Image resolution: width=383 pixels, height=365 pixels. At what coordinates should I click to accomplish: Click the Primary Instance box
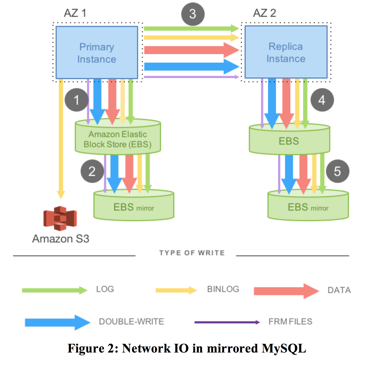[97, 52]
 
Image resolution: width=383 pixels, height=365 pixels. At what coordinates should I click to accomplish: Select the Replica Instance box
[286, 52]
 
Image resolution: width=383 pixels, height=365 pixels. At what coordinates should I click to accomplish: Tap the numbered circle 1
[77, 100]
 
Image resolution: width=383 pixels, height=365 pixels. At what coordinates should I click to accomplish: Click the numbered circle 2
[92, 171]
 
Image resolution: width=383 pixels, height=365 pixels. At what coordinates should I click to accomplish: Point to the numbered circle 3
[193, 14]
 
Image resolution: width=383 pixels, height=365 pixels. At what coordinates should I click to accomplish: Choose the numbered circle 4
[322, 100]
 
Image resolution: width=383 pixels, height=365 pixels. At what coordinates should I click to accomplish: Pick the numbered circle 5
[337, 171]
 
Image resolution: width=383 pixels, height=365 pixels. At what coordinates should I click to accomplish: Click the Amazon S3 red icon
[60, 218]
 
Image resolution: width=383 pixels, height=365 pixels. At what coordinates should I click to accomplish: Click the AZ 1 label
[75, 13]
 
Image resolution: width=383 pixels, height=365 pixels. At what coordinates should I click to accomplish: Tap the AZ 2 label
[264, 13]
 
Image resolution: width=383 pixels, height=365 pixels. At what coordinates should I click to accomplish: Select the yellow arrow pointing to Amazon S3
[61, 139]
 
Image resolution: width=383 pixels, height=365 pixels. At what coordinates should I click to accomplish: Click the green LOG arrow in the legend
[54, 290]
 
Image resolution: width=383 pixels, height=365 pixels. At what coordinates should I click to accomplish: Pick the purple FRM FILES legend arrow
[227, 322]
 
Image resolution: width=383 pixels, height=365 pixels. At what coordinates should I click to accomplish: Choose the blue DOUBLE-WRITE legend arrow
[57, 322]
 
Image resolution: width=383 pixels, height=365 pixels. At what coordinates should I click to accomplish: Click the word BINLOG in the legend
[223, 289]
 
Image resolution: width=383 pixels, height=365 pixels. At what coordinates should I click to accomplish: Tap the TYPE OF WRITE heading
[192, 253]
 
